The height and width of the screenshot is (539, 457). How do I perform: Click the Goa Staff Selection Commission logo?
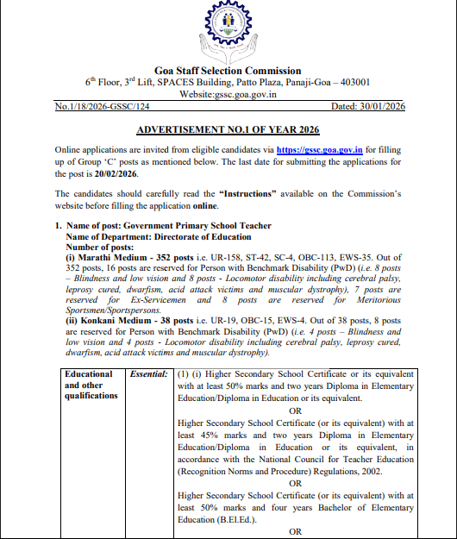coord(228,33)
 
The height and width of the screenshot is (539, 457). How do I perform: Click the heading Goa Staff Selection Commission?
coord(228,70)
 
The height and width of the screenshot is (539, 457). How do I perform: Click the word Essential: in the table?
coord(147,375)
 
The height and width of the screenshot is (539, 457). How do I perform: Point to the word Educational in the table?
coord(89,375)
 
